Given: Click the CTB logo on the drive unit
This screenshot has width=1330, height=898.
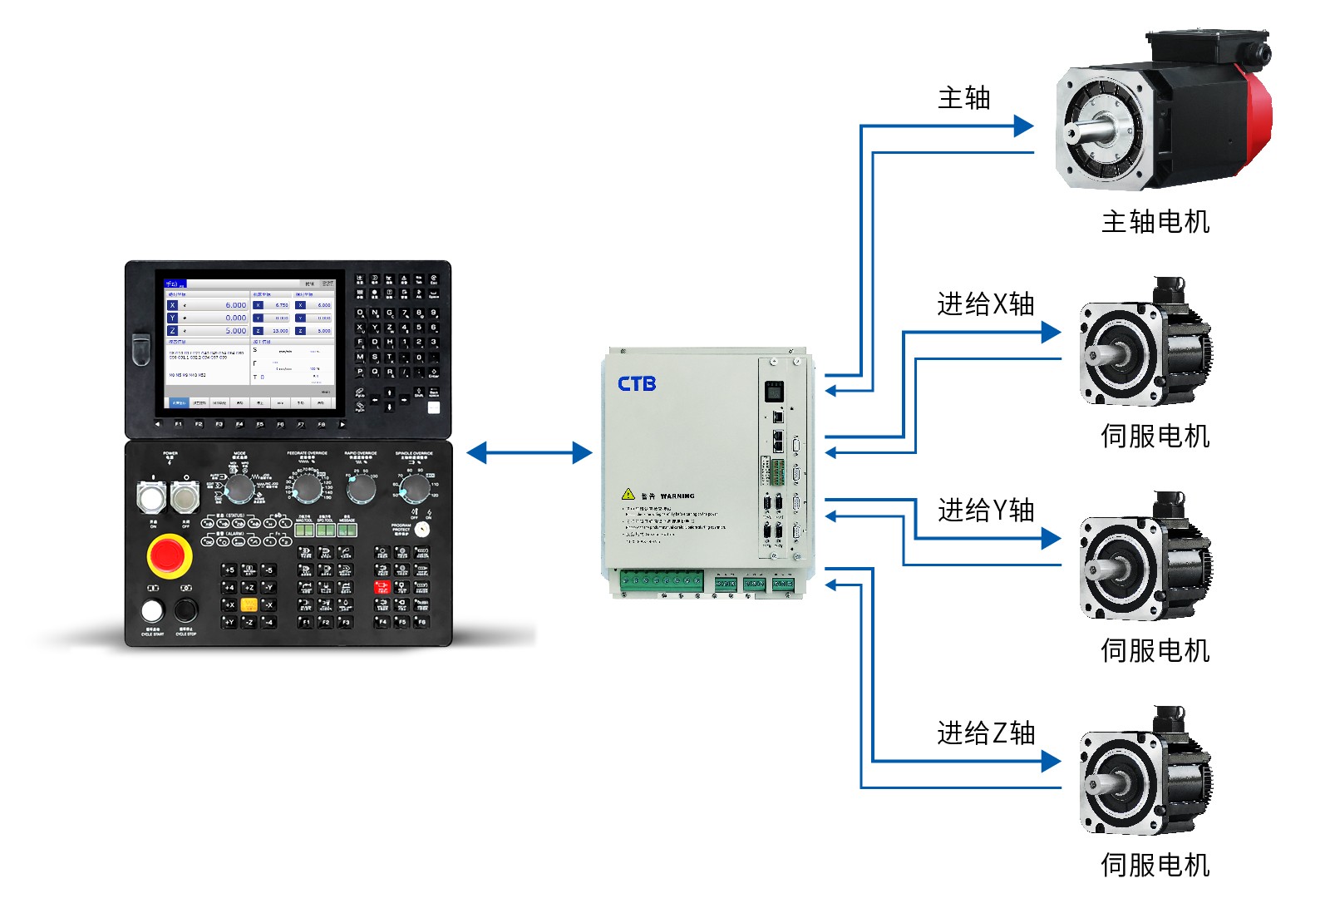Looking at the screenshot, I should [637, 383].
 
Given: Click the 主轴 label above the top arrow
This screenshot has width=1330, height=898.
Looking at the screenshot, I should [963, 98].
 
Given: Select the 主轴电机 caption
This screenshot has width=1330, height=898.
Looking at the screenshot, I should [1155, 222].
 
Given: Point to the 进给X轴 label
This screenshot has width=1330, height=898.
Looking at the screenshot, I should [985, 304].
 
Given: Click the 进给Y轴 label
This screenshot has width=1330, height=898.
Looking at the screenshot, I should [985, 510].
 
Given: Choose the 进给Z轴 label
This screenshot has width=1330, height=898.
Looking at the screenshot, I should [985, 733].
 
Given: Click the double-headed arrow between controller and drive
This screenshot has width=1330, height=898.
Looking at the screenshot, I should [530, 453].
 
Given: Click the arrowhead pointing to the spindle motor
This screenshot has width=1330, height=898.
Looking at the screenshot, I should [1024, 126].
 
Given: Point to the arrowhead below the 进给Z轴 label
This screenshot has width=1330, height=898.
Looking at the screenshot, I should [1052, 761].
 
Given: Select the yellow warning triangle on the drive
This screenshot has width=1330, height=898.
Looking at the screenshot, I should [628, 494].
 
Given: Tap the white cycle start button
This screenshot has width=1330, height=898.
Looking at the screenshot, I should [151, 610].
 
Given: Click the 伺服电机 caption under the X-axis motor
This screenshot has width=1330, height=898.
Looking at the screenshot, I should [1155, 436].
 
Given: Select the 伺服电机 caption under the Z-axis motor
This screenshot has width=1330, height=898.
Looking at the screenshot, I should [1155, 865].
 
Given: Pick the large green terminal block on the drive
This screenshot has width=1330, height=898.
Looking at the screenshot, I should [661, 581].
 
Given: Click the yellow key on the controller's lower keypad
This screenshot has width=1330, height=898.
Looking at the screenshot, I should [248, 604].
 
